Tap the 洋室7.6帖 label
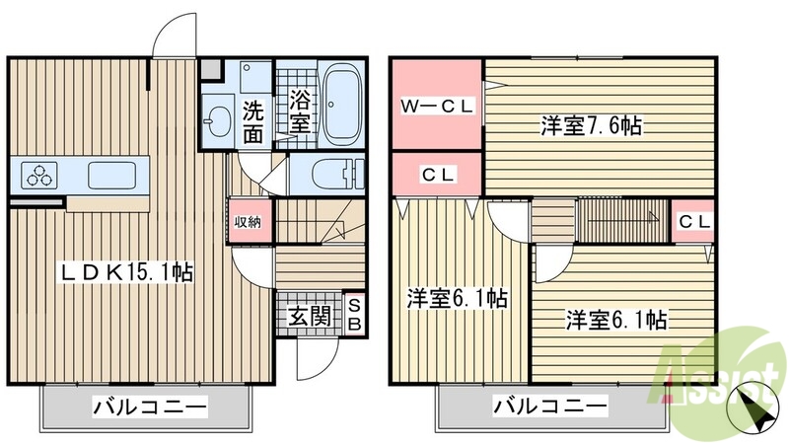click(591, 126)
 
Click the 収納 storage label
click(248, 221)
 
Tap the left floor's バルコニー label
click(151, 407)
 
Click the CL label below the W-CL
click(437, 176)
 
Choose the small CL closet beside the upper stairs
click(693, 222)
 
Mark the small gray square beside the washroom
click(210, 70)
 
